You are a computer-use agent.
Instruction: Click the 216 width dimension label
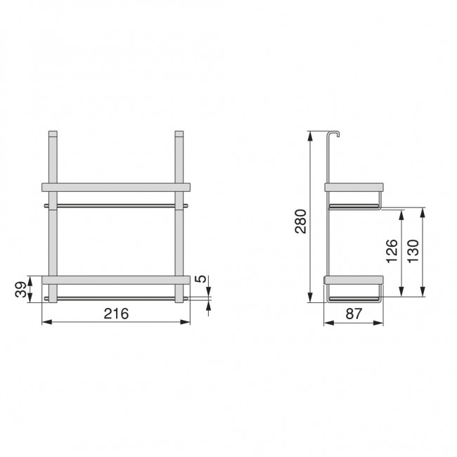(116, 314)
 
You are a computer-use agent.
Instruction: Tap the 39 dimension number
(20, 290)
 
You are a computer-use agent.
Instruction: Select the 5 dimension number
(200, 279)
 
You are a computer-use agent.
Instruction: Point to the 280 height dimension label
(300, 221)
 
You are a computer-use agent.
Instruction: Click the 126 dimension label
(392, 251)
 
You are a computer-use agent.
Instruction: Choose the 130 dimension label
(413, 251)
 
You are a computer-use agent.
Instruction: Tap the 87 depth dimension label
(354, 314)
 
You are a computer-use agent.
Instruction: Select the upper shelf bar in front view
(116, 187)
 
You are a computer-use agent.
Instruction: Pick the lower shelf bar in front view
(116, 280)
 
